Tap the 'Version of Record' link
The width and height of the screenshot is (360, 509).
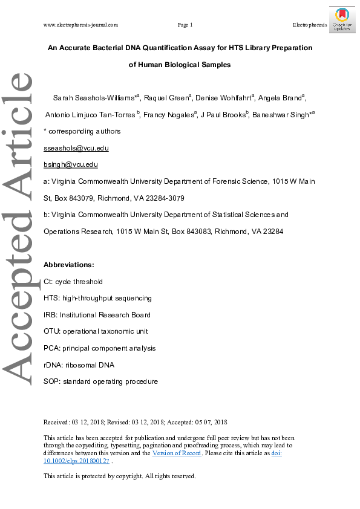(176, 453)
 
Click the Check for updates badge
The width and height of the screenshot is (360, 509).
(342, 19)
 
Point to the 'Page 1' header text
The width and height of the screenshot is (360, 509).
(185, 25)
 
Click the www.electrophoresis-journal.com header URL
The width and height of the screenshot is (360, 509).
(80, 25)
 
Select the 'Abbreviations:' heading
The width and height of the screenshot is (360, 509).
(69, 265)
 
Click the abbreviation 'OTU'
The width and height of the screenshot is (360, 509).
(52, 331)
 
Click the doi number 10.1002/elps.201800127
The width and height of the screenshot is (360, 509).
(76, 461)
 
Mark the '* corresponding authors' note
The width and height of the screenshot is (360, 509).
(82, 131)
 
